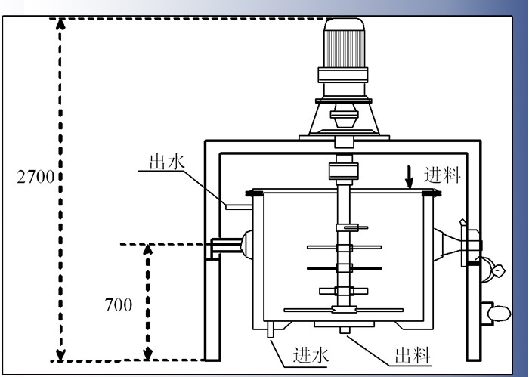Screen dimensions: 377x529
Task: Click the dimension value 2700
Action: [33, 178]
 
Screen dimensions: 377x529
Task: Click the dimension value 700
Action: [118, 305]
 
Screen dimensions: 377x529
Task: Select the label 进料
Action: [442, 176]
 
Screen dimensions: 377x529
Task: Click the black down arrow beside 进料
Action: [409, 177]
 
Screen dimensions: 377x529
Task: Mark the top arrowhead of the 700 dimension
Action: [148, 249]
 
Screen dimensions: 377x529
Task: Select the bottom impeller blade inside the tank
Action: [344, 309]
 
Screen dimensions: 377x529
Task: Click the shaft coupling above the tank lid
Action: [345, 170]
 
